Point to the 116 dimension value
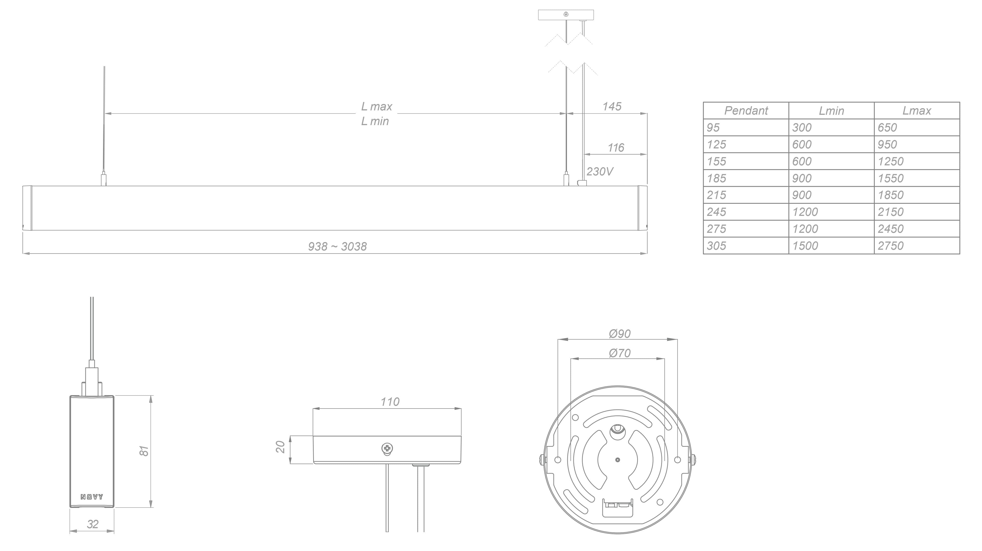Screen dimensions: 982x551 [x=616, y=148]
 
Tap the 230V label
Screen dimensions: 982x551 [x=600, y=172]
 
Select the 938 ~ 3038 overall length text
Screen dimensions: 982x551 [x=337, y=247]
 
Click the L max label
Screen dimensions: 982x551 [x=377, y=107]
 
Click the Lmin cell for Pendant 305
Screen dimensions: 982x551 [x=805, y=246]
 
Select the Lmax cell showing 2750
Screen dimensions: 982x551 [x=890, y=246]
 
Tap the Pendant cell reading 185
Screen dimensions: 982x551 [x=716, y=178]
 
